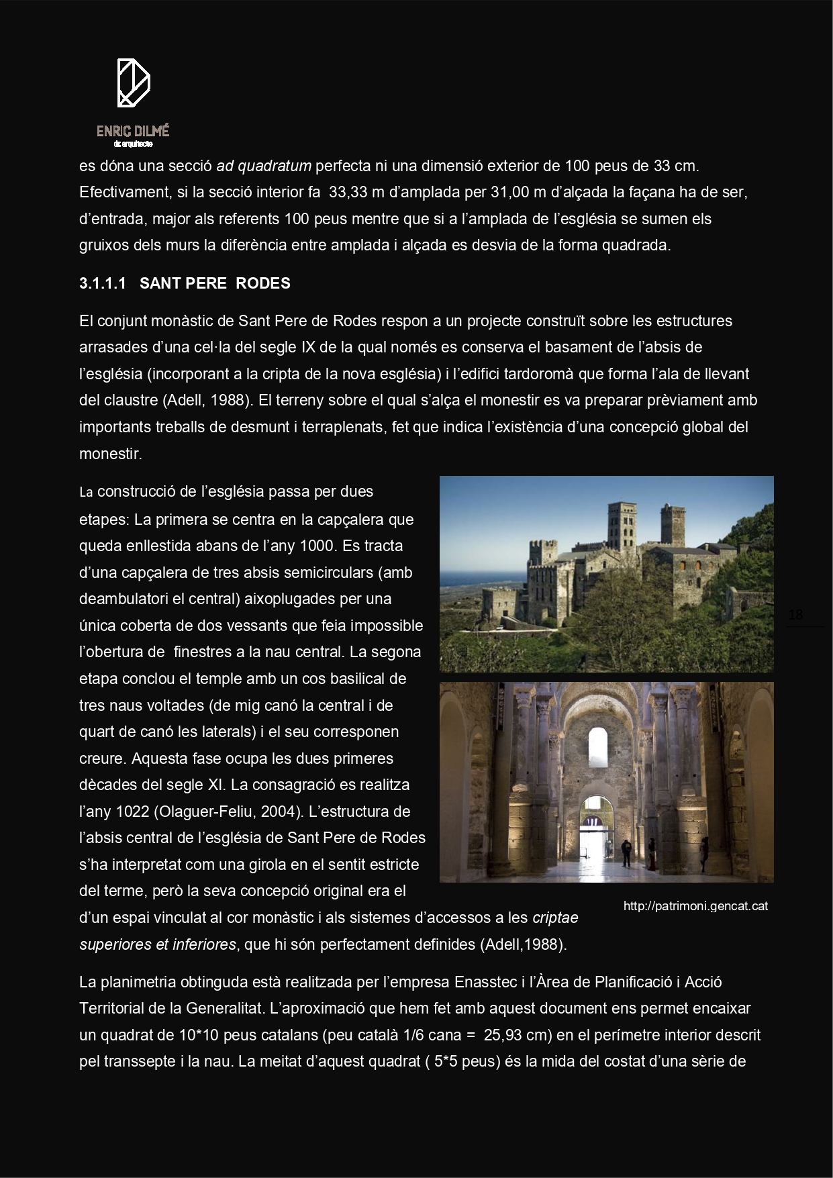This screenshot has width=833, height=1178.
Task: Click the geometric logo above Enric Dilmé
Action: pyautogui.click(x=133, y=83)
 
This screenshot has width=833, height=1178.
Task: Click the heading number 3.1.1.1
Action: pyautogui.click(x=103, y=283)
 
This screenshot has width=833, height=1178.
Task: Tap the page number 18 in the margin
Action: pyautogui.click(x=796, y=615)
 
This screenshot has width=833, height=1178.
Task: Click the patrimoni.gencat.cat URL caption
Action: pyautogui.click(x=695, y=906)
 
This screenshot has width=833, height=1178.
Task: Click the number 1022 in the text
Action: pyautogui.click(x=132, y=812)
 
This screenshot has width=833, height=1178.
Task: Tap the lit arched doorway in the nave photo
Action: pyautogui.click(x=593, y=826)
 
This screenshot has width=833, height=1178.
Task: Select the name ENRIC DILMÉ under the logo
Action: pyautogui.click(x=133, y=132)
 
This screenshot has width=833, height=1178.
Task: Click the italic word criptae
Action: pyautogui.click(x=555, y=918)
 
